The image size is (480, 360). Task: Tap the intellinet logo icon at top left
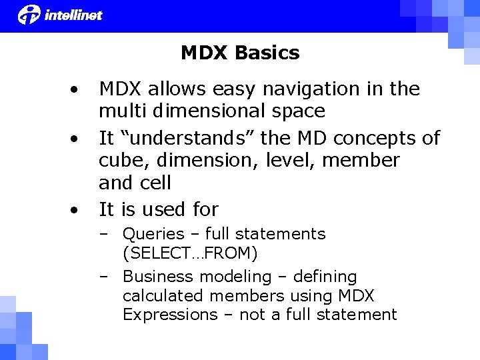[29, 14]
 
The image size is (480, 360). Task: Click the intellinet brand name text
[73, 15]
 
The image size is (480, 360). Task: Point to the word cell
[155, 182]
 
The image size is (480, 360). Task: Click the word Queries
[153, 234]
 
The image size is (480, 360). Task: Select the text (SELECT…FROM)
[190, 253]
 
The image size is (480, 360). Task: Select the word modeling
[233, 277]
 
